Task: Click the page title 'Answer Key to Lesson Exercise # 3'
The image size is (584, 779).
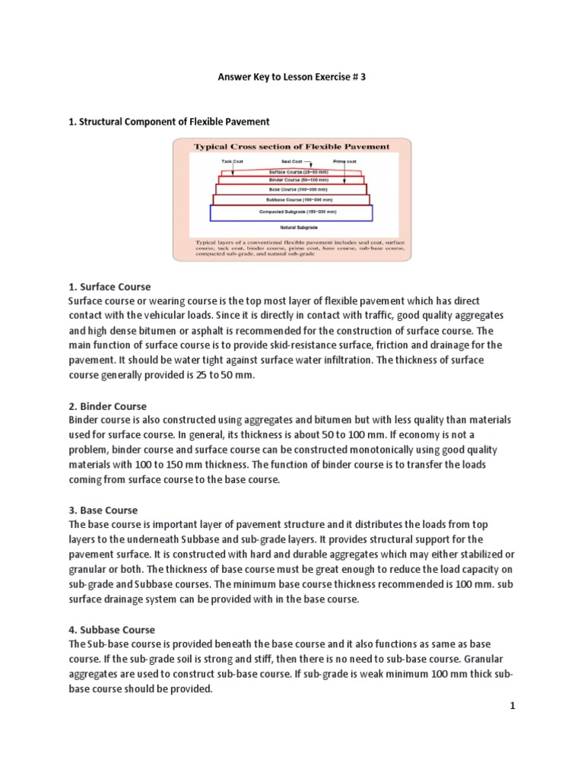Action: point(292,77)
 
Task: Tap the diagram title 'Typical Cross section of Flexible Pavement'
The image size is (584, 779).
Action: point(292,146)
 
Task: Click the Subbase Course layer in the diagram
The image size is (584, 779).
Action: point(291,199)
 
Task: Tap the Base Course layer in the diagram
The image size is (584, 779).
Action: point(291,189)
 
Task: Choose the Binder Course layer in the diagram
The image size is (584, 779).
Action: point(291,180)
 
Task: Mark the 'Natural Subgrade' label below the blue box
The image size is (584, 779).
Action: point(291,227)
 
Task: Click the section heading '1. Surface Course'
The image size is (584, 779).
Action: point(109,287)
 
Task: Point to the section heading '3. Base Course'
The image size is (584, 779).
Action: point(103,510)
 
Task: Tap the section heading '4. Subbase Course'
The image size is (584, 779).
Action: point(112,630)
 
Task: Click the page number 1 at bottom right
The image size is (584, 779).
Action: point(513,707)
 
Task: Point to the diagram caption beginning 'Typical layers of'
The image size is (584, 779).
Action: point(292,248)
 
